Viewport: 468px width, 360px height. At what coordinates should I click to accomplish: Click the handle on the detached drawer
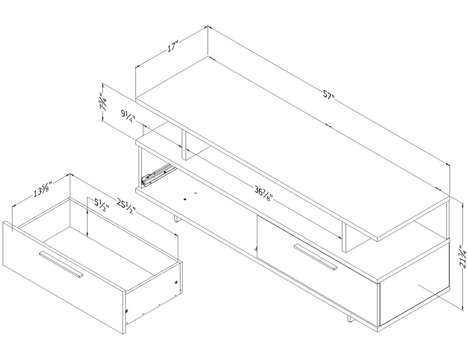61,264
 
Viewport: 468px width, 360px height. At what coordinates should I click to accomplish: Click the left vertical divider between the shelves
184,145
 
